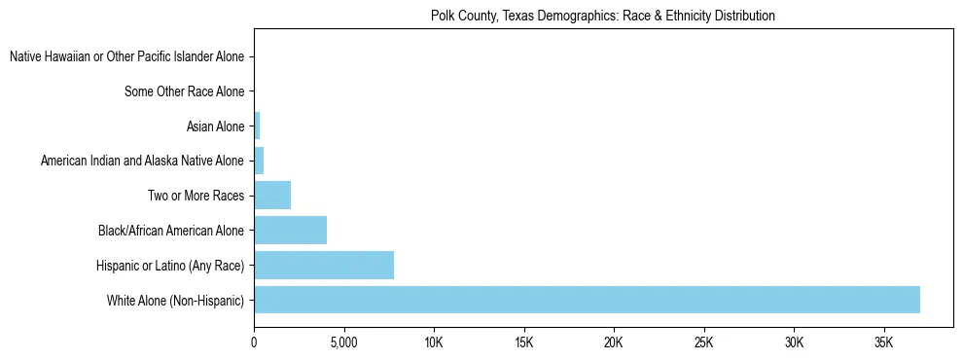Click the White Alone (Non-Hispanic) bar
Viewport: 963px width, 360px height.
pos(587,300)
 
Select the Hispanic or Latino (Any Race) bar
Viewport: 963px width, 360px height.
pos(324,265)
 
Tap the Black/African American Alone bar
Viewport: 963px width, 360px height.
pos(290,231)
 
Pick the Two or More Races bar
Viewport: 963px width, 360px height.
pos(272,196)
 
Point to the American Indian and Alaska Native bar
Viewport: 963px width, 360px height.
pos(259,161)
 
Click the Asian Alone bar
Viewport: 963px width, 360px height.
pos(257,126)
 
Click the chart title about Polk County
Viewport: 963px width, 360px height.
pos(602,16)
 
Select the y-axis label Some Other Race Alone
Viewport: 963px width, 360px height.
pos(185,91)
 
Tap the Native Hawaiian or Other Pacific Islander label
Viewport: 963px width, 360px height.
pos(126,57)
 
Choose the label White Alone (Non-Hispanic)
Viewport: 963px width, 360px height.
pos(176,301)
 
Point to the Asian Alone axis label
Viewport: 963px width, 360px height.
pos(215,126)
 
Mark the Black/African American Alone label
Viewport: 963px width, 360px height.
pos(171,231)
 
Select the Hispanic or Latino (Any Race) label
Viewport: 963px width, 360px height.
pos(170,266)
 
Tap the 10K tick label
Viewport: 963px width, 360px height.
pos(434,342)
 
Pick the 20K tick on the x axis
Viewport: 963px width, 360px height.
pos(614,342)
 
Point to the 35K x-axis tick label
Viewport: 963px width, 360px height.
pos(884,342)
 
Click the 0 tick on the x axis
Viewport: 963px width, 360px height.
pos(254,342)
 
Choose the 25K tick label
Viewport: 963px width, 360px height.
pos(704,342)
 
